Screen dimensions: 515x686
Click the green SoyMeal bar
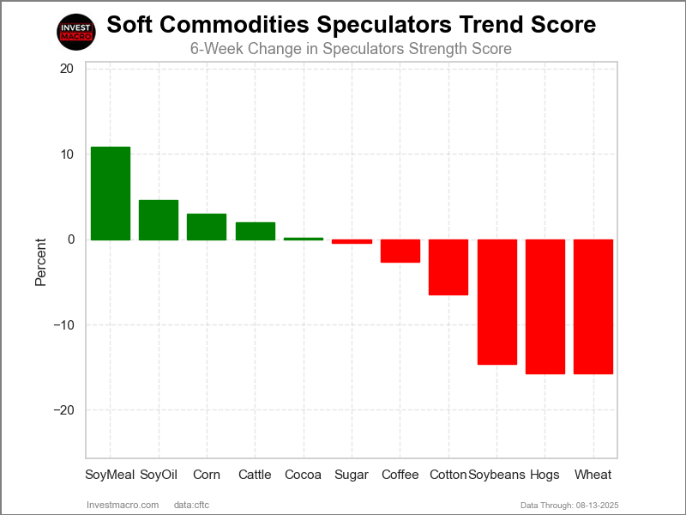point(111,193)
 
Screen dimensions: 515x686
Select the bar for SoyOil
point(159,220)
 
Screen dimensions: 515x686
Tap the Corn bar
point(207,227)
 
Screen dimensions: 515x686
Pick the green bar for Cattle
point(255,231)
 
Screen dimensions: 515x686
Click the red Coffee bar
point(400,251)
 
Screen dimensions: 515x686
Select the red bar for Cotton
point(448,267)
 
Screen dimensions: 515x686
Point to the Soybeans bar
point(496,302)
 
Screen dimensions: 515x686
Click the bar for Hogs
point(545,306)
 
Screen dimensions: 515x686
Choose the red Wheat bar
point(593,306)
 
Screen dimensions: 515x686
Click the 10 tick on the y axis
point(66,154)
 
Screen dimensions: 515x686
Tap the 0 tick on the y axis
point(70,239)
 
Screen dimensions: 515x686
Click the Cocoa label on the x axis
point(303,475)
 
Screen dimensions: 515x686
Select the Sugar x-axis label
point(352,475)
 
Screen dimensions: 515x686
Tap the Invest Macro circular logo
point(75,33)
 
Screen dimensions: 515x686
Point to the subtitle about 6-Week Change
point(351,49)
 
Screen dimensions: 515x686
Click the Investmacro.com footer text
point(123,504)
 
